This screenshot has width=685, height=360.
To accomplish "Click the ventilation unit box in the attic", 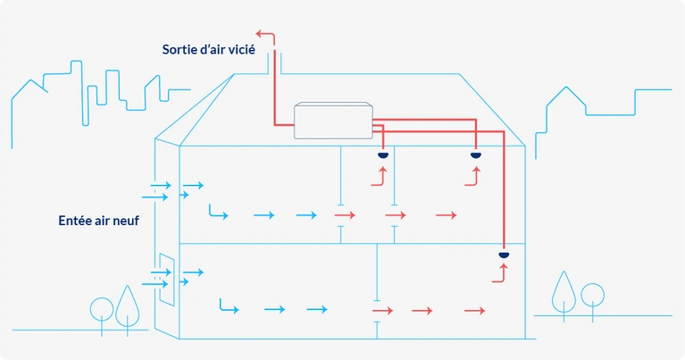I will point(332,121).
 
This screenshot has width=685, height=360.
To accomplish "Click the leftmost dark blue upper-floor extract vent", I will point(383,156).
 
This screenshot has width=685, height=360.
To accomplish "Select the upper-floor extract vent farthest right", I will point(475,156).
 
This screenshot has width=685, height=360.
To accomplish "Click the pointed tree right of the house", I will point(564,290).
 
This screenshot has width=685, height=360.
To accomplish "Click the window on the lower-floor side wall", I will point(165,280).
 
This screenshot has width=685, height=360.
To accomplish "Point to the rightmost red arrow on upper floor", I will point(447,215).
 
